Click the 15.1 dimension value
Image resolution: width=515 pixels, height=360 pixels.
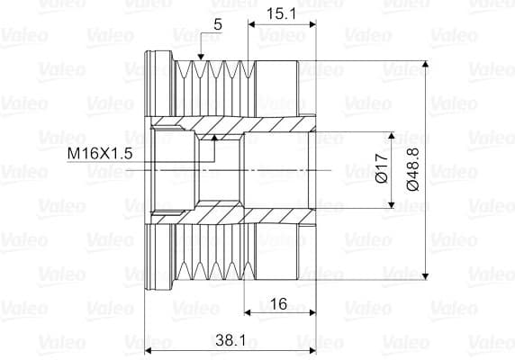click(281, 14)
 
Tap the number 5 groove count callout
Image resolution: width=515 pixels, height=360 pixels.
click(218, 24)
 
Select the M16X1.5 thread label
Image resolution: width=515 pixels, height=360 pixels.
click(100, 153)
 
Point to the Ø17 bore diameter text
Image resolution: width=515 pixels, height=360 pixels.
click(382, 168)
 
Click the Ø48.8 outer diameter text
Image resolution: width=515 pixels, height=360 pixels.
click(413, 169)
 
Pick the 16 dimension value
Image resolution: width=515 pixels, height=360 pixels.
click(278, 304)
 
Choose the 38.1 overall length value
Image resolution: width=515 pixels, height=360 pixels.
click(230, 340)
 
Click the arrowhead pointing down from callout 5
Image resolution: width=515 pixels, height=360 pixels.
click(201, 57)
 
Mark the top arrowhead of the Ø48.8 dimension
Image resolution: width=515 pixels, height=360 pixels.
click(425, 64)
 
